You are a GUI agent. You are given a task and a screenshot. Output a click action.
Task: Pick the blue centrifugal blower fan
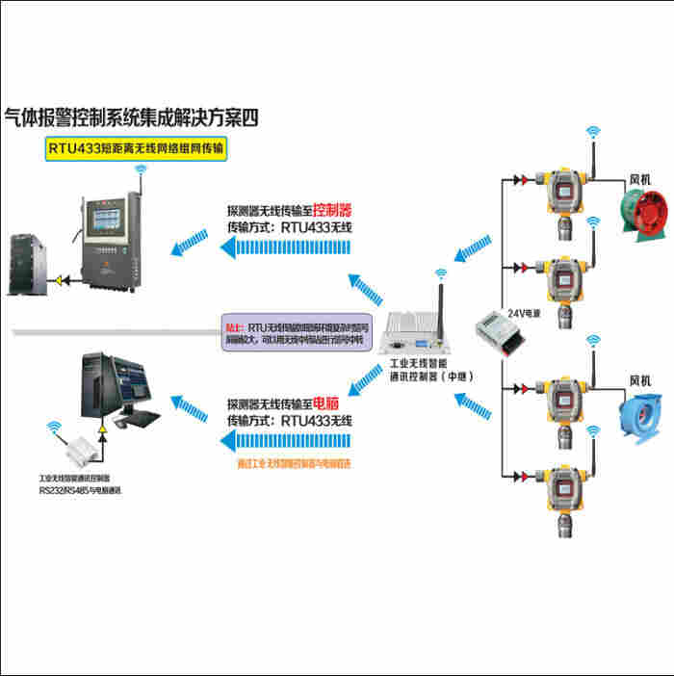pyautogui.click(x=637, y=419)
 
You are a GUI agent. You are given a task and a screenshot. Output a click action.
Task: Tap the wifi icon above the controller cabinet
pyautogui.click(x=142, y=170)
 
